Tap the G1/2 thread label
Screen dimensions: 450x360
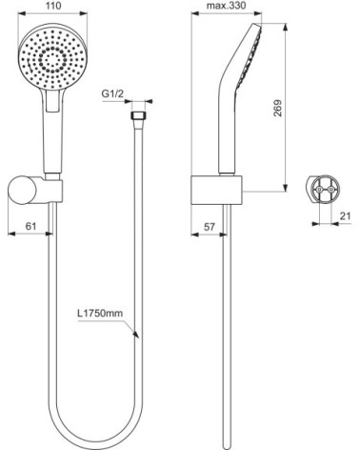point(116,94)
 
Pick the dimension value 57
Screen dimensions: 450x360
point(209,229)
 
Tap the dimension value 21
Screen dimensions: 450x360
point(345,215)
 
